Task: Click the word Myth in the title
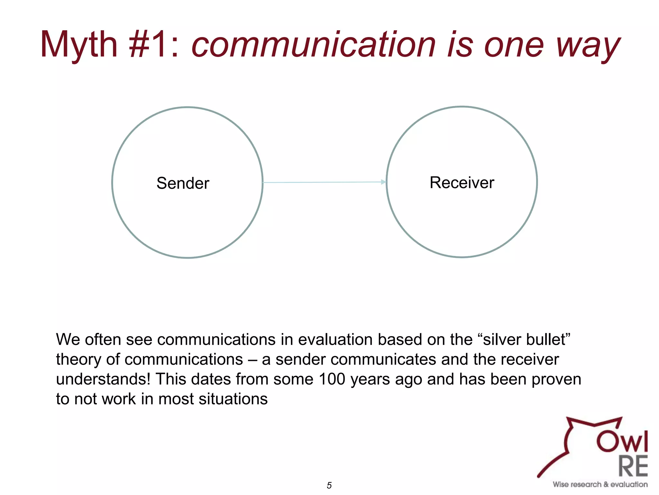[79, 45]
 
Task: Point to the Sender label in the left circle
[183, 183]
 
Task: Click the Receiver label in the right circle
[462, 182]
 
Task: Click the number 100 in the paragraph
[332, 379]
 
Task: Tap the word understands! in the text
[103, 379]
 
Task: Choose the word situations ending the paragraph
[233, 399]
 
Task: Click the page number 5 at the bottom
[329, 485]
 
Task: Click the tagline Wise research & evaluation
[600, 484]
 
